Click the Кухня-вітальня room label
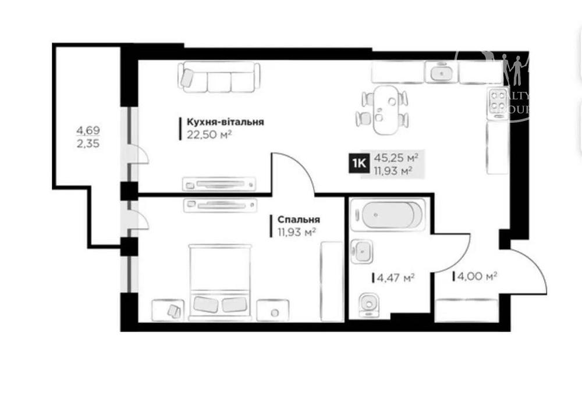coord(225,122)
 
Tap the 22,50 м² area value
coord(210,135)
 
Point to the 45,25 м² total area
coord(397,157)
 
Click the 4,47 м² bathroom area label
coord(396,278)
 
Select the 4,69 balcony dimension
coord(87,131)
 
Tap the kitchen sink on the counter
coord(442,73)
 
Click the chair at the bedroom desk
coord(173,311)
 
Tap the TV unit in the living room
coord(219,184)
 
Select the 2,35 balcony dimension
coord(87,143)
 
